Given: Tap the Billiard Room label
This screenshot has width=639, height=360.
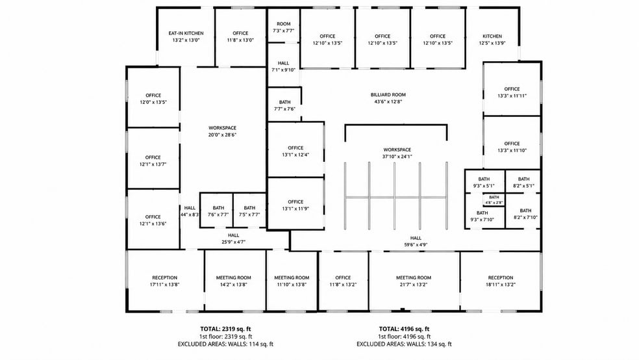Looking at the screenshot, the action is point(388,95).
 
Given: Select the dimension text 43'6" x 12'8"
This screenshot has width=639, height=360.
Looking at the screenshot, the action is point(388,101).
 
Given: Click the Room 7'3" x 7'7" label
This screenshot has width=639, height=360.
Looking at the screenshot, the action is point(284,27).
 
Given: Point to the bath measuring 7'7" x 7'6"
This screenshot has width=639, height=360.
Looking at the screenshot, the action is point(285,105).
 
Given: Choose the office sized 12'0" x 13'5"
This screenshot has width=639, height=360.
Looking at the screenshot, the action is point(153,99).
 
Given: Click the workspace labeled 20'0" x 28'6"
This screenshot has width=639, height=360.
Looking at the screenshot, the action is point(223,131).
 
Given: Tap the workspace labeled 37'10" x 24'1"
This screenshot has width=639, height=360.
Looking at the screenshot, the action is point(397,153).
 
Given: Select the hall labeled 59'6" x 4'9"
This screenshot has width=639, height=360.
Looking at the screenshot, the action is point(416,241).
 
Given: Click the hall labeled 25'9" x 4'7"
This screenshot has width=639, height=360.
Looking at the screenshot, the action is point(234,238).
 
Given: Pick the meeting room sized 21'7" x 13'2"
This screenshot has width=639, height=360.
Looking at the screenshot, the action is point(414,281).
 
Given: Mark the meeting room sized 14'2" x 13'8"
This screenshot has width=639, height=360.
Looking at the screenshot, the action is point(234,281).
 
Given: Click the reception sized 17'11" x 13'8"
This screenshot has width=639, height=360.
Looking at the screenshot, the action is point(165,281).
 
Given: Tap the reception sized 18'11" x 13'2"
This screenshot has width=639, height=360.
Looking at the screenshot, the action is point(501,281).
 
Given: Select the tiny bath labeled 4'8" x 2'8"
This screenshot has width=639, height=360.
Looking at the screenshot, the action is point(494,199).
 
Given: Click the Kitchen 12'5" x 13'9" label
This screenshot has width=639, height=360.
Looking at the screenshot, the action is point(492,40).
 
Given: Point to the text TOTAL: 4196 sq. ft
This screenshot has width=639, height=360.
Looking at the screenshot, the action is point(405,329).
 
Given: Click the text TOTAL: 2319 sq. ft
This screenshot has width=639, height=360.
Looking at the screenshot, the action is point(225,329).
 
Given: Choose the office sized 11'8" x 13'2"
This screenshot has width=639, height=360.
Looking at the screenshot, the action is point(343,281).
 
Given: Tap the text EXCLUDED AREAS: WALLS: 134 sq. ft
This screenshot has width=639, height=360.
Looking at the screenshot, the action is point(405,344).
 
